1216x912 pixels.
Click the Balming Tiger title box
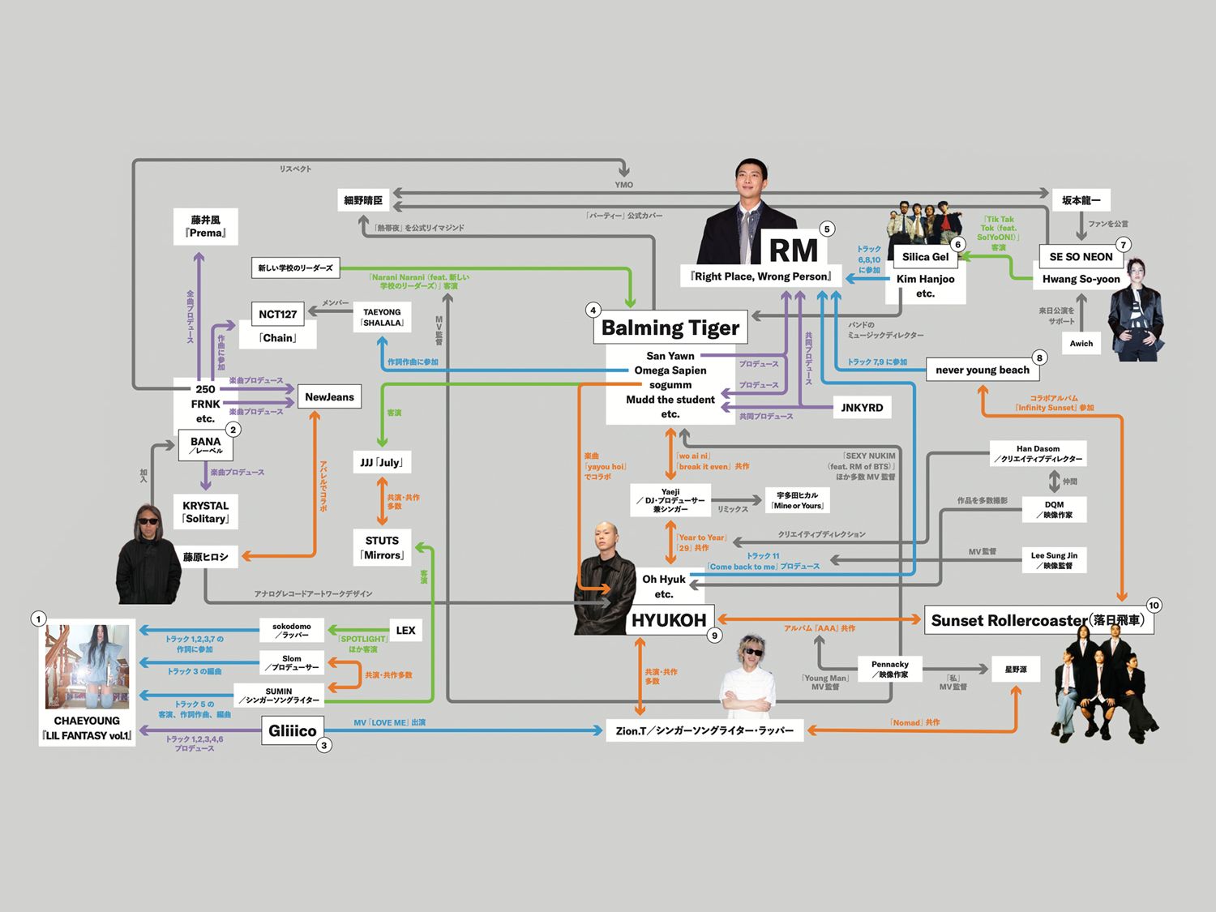[670, 328]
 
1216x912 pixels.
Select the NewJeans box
[329, 397]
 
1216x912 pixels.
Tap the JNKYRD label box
[862, 408]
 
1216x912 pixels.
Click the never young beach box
[982, 370]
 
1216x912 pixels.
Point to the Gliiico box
[293, 730]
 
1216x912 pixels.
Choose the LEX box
[405, 631]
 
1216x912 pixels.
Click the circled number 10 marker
[1154, 606]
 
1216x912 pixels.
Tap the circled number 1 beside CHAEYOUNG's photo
[38, 619]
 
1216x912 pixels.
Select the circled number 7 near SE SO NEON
[1123, 245]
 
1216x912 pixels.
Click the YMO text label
[623, 185]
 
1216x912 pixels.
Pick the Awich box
[1081, 343]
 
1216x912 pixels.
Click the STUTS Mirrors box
[382, 548]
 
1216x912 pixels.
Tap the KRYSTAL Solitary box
[206, 512]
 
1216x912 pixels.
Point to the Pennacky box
[889, 669]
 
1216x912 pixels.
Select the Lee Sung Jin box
[1054, 560]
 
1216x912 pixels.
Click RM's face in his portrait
[752, 183]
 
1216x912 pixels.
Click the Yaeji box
[670, 500]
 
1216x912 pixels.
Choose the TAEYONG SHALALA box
[382, 317]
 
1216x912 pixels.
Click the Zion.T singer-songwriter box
[704, 730]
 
